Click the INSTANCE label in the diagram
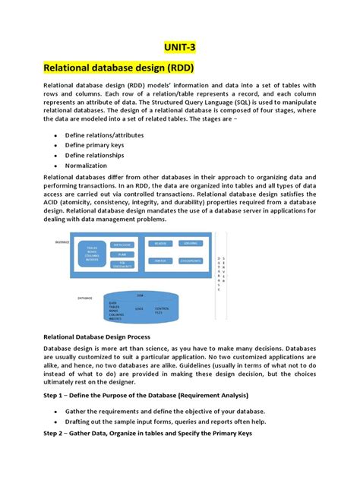[x=62, y=242]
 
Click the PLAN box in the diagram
[x=122, y=254]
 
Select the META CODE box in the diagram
[x=122, y=245]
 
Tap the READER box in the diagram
[x=160, y=244]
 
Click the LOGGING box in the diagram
[x=190, y=244]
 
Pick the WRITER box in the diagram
[x=160, y=261]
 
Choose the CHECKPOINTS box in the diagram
[x=190, y=261]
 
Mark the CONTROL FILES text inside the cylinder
[x=162, y=309]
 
